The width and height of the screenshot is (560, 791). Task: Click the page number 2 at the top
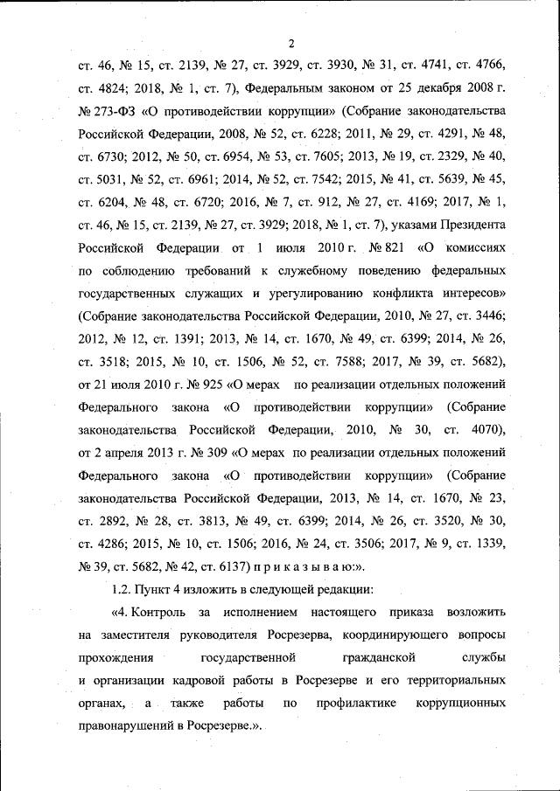point(291,44)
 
